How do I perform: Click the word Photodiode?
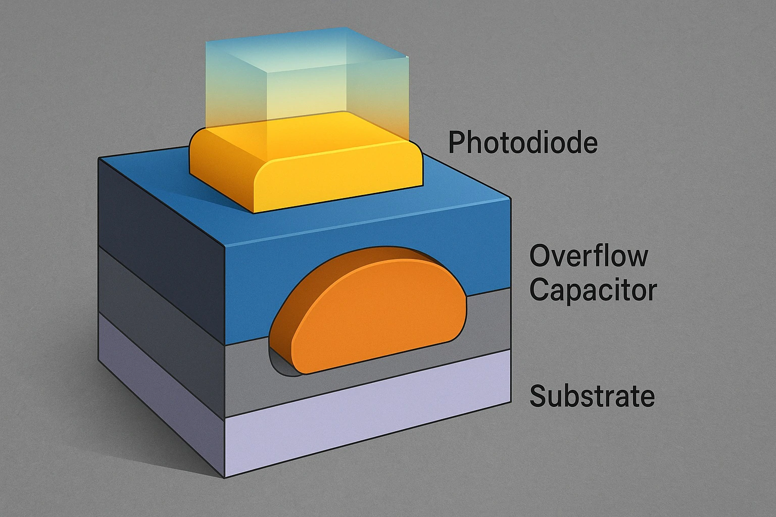523,142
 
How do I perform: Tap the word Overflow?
589,255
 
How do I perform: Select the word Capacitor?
593,290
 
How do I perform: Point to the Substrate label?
592,396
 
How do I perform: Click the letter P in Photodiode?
456,142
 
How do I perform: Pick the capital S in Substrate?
538,396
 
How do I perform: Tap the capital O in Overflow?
540,256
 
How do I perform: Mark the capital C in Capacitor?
540,290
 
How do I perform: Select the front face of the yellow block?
338,182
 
